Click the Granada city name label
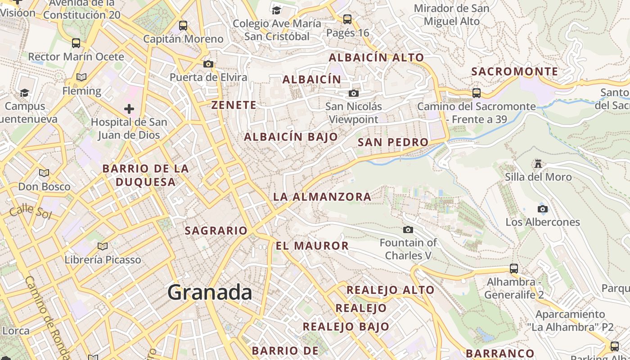(210, 293)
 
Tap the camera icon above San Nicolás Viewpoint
(354, 93)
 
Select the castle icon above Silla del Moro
(538, 163)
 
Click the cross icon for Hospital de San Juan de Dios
(129, 108)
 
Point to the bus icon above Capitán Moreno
(183, 25)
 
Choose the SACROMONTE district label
(514, 72)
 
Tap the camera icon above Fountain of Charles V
(408, 230)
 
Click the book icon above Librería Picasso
(103, 246)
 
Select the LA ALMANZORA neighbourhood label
(322, 197)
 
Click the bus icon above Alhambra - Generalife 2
(514, 269)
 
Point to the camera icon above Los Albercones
(543, 209)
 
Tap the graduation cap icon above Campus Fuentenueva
(24, 93)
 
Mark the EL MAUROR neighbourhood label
(312, 246)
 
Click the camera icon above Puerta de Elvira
(208, 64)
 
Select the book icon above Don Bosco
(44, 173)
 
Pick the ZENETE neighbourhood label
(234, 105)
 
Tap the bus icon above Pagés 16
(347, 19)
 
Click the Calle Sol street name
(30, 211)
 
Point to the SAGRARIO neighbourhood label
(216, 231)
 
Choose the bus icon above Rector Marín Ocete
(76, 43)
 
